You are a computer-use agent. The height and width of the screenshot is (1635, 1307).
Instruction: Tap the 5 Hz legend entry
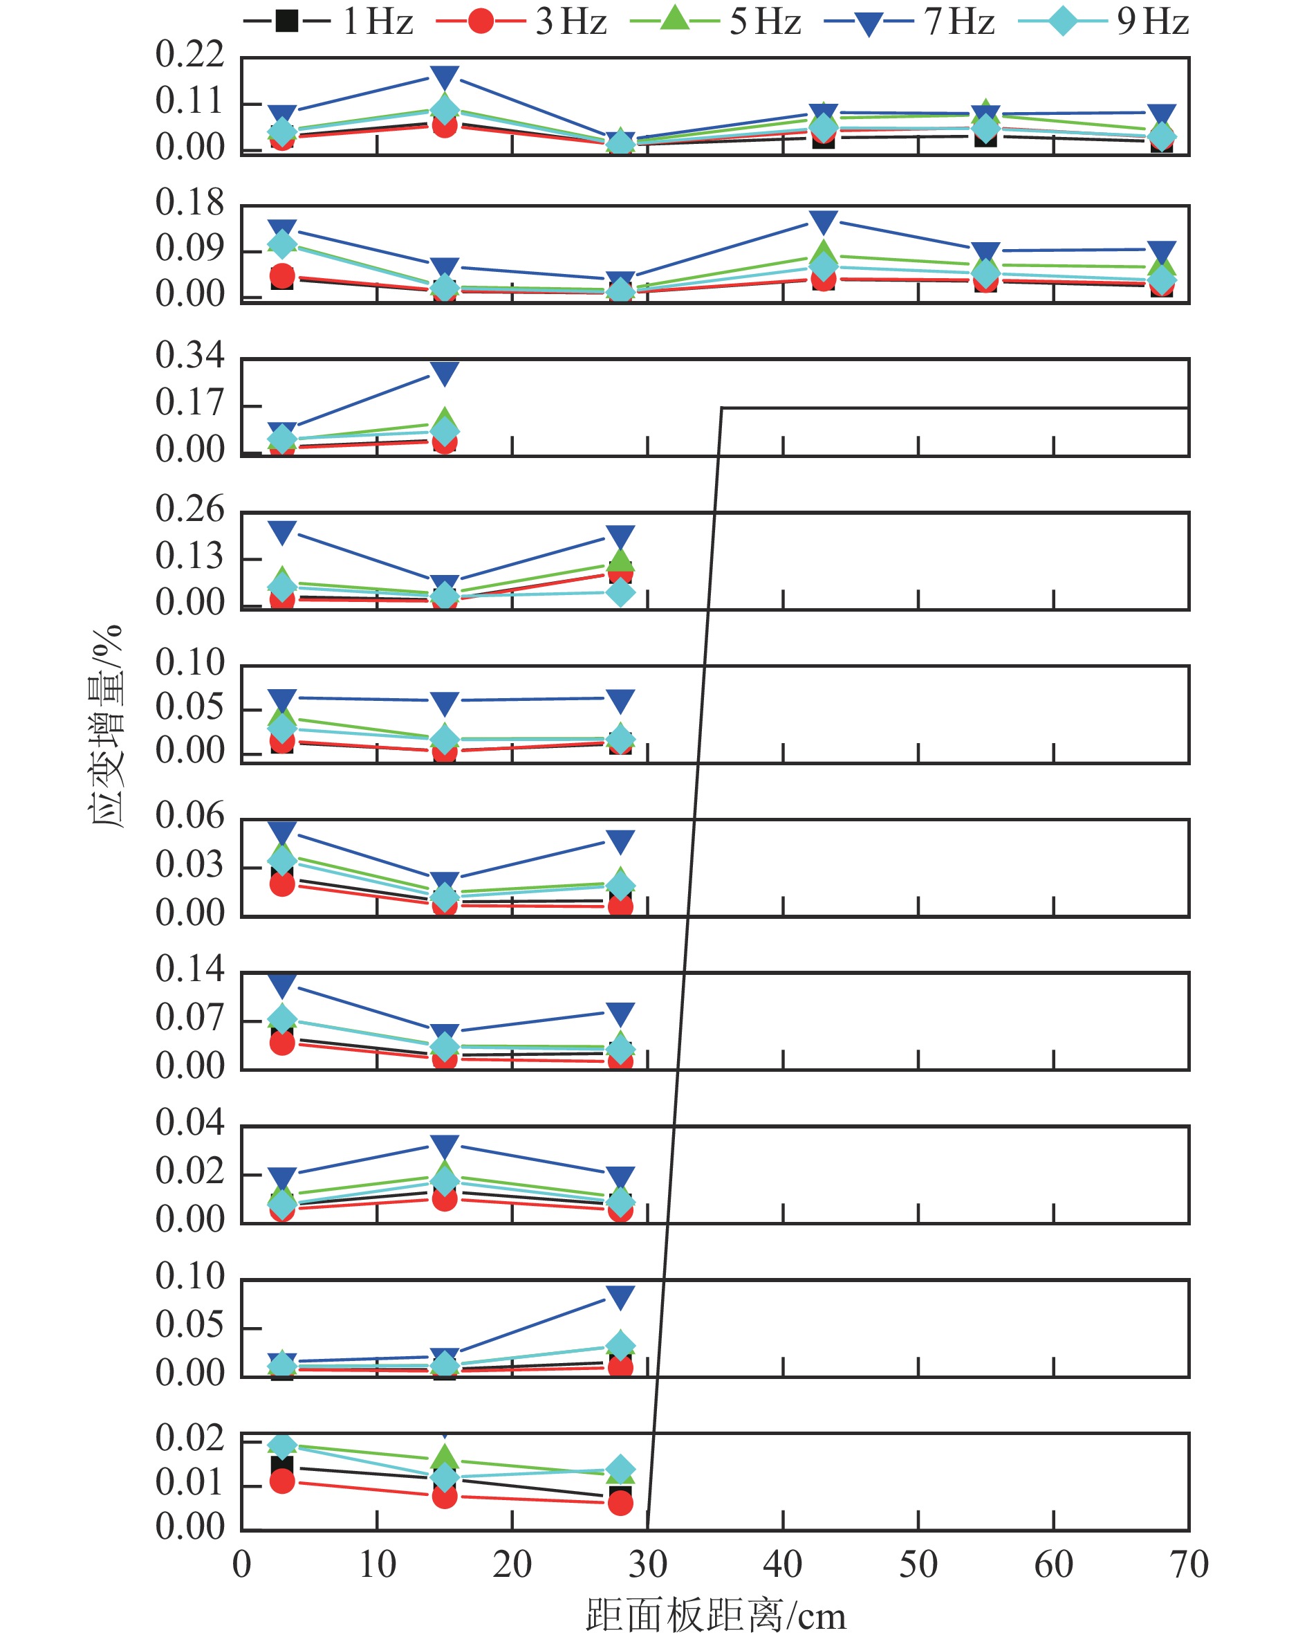coord(716,21)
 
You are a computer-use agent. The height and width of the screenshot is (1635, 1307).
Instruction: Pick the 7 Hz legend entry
coord(910,21)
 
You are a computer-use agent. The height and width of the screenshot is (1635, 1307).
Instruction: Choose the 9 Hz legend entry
coord(1103,21)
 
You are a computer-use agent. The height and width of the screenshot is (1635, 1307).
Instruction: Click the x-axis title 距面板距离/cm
coord(715,1614)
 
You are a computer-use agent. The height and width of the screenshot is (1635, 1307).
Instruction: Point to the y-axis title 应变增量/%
coord(105,726)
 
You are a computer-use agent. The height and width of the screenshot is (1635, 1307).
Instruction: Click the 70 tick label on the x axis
coord(1188,1564)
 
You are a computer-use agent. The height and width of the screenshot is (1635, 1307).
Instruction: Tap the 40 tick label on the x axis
coord(782,1564)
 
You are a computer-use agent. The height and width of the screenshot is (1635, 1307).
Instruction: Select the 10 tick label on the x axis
coord(377,1564)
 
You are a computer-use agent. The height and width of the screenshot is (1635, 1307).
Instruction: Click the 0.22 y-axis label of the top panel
coord(189,54)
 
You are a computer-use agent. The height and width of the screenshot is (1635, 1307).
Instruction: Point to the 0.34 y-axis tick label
coord(189,355)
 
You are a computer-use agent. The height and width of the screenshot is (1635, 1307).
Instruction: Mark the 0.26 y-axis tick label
coord(189,508)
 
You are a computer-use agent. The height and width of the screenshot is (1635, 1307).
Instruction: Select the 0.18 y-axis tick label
coord(189,202)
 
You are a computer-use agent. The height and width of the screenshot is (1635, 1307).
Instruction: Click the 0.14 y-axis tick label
coord(189,969)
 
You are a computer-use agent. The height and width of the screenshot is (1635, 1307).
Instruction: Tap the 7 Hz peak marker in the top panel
coord(444,77)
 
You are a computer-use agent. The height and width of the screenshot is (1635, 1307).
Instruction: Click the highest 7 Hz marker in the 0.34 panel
coord(444,372)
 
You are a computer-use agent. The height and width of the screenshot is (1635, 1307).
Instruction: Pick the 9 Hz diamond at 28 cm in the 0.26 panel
coord(620,592)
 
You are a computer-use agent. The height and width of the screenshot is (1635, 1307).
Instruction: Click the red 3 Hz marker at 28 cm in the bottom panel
coord(620,1502)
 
